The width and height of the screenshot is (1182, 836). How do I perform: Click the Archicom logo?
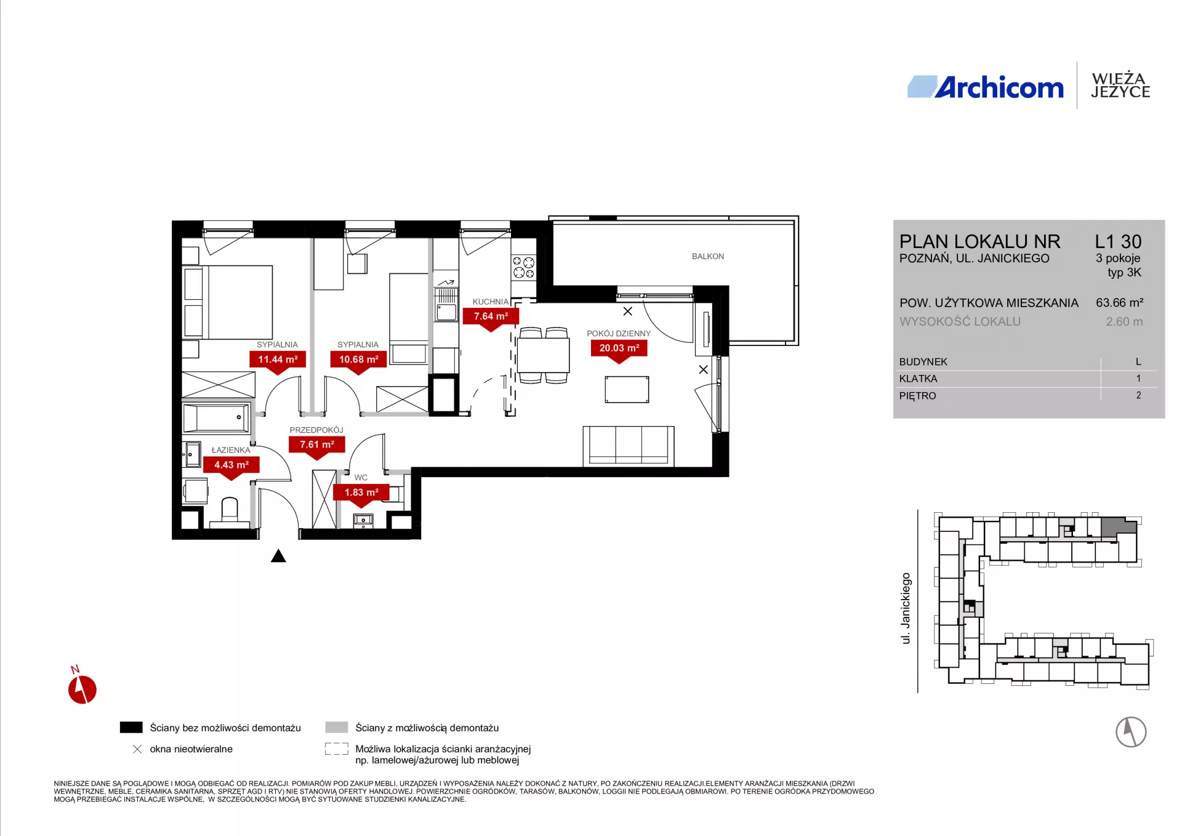(985, 87)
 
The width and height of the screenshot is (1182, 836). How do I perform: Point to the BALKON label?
(708, 256)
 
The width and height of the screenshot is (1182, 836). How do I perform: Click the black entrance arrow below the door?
(278, 556)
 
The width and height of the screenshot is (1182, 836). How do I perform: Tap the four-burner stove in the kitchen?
(523, 267)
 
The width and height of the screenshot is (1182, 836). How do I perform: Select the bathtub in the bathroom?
(216, 418)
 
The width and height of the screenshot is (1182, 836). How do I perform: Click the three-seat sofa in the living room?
(629, 446)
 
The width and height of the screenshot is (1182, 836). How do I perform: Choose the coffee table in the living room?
(627, 390)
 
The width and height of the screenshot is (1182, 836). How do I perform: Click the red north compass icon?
(82, 688)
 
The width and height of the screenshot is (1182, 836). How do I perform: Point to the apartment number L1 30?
(1118, 241)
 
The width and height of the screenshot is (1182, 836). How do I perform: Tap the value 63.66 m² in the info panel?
(1119, 303)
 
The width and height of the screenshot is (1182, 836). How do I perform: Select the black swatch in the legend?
(131, 728)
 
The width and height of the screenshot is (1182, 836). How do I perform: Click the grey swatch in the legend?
(337, 728)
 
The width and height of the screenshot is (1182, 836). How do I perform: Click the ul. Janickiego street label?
(906, 608)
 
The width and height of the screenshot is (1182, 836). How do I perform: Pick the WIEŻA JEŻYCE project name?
(1120, 86)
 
